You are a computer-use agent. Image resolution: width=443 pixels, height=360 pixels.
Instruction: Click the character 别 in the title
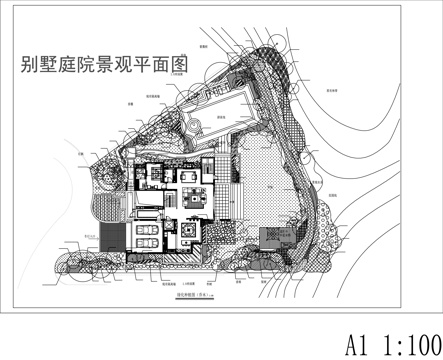29,67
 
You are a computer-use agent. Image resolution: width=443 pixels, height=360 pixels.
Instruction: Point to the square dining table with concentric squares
189,234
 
